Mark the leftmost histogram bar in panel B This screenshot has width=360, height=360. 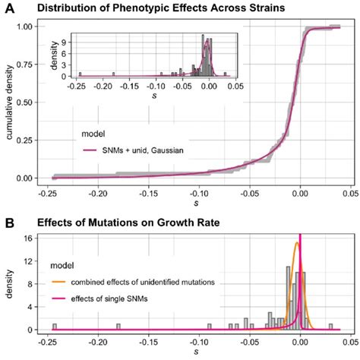pyautogui.click(x=54, y=327)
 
